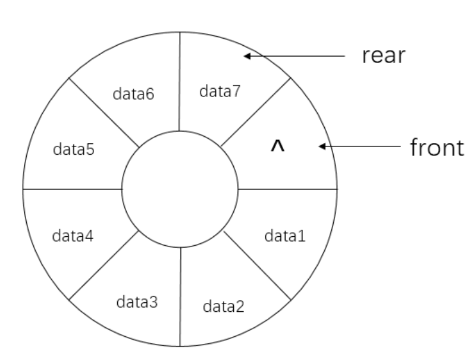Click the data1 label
pos(284,236)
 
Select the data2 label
pos(224,306)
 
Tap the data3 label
pos(137,302)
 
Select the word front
pos(437,147)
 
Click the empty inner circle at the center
pos(180,189)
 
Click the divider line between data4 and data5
pos(71,189)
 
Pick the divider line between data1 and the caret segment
pos(289,189)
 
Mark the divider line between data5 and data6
pos(104,113)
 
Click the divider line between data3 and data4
pos(104,265)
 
